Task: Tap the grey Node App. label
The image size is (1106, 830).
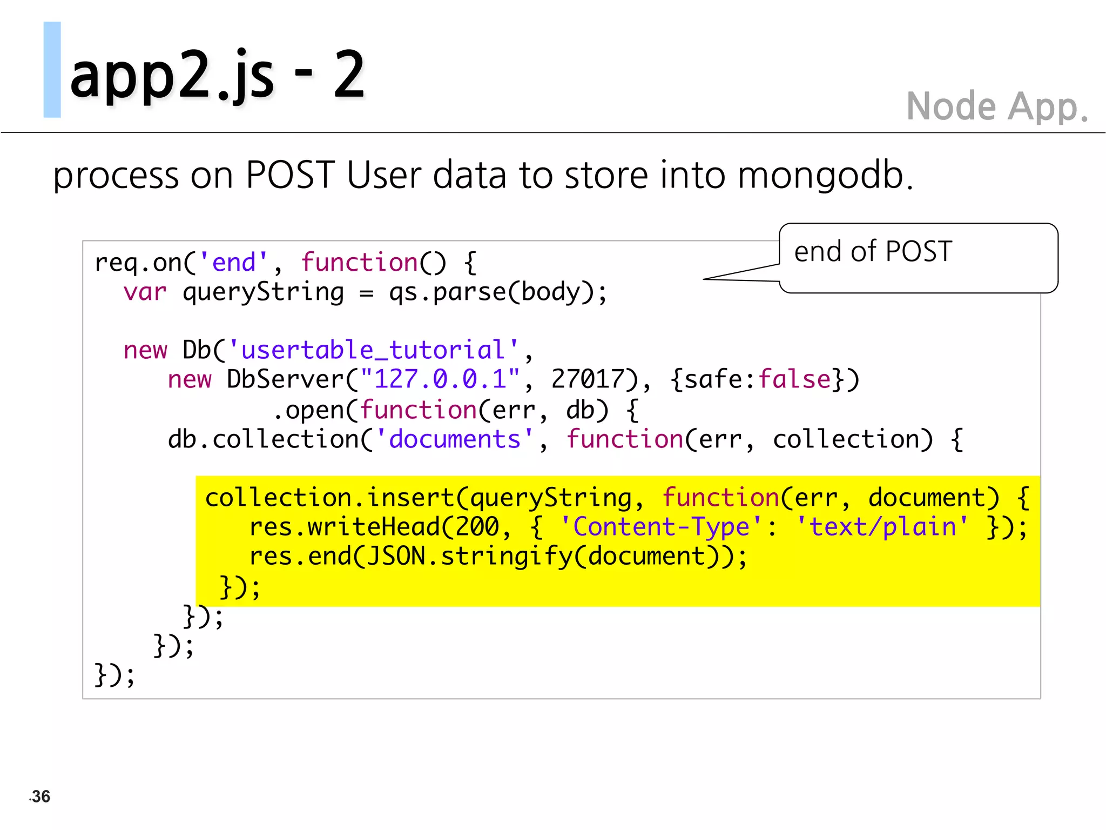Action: point(996,106)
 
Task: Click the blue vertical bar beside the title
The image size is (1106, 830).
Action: point(52,69)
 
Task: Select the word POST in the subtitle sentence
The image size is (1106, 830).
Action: point(290,175)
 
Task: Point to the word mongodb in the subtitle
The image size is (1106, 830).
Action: point(821,175)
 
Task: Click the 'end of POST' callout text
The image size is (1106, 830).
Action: point(873,252)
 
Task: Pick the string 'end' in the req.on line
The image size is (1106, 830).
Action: point(233,263)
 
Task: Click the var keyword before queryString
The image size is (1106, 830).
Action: point(145,292)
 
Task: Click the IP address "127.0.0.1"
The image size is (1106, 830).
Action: point(440,379)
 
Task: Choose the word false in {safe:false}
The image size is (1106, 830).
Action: point(794,379)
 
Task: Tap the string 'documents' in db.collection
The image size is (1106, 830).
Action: point(455,439)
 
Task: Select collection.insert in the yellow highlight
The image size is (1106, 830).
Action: point(329,498)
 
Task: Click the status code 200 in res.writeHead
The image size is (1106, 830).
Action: point(477,527)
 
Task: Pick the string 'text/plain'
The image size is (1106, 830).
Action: point(882,527)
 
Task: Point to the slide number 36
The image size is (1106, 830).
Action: point(41,796)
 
